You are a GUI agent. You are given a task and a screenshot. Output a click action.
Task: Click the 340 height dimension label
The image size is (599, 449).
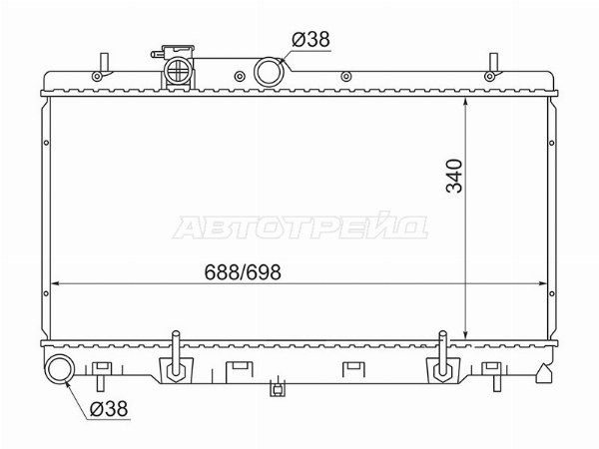pos(454,176)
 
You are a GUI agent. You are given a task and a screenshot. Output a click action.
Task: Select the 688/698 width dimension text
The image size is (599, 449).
pos(243,272)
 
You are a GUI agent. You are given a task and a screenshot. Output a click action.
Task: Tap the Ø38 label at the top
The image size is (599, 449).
pos(310,40)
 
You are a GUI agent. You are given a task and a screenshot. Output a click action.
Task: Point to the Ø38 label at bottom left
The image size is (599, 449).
pos(109,409)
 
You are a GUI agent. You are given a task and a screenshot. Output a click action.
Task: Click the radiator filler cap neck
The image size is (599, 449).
pos(178,70)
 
